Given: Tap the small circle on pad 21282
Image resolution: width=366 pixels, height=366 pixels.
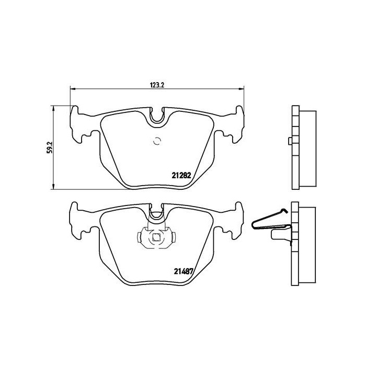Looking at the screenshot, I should click(157, 140).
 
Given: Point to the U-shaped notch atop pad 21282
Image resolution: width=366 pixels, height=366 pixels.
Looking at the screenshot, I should click(157, 118).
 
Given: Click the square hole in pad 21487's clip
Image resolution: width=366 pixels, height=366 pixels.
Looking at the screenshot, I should click(156, 238).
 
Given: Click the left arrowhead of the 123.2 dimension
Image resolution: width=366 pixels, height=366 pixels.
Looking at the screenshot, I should click(72, 88).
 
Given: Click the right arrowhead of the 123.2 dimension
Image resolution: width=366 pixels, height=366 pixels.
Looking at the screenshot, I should click(241, 88).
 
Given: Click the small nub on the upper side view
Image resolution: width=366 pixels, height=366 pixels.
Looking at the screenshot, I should click(289, 141).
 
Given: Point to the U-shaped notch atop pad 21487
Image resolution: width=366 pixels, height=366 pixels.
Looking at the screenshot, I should click(157, 212).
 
